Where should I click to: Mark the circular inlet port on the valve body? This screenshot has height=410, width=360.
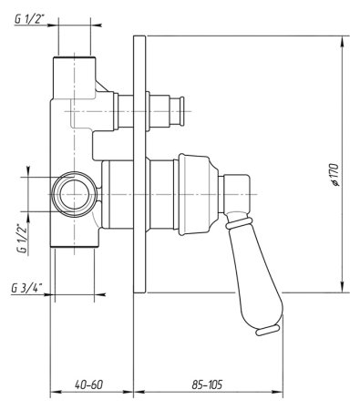pos(72,194)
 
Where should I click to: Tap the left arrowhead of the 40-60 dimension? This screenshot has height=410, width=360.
pos(53,395)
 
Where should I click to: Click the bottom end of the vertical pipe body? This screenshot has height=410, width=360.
pos(74,245)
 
